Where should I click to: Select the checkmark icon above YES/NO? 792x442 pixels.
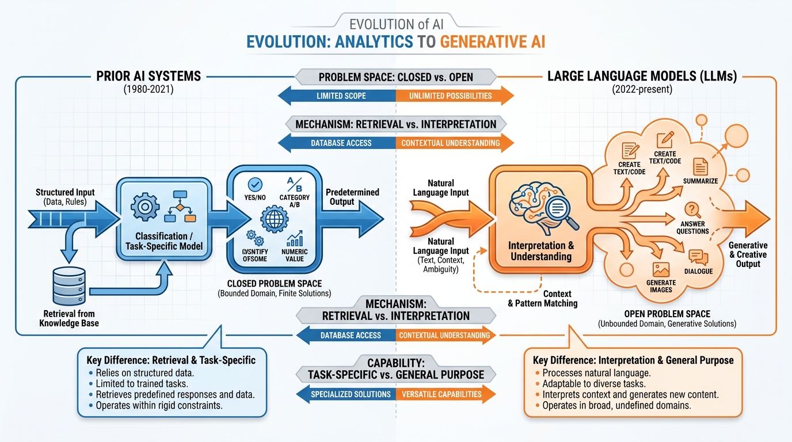[x=255, y=184]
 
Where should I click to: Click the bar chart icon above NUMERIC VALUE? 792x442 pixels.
[x=295, y=238]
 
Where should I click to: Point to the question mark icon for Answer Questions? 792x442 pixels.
[x=692, y=211]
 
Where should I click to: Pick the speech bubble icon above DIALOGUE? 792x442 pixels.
[x=698, y=257]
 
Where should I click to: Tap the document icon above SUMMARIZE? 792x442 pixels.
[x=700, y=166]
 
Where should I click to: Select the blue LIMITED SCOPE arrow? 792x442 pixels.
[x=340, y=96]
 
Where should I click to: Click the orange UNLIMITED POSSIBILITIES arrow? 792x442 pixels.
[x=452, y=96]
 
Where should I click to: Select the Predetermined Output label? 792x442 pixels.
[x=352, y=197]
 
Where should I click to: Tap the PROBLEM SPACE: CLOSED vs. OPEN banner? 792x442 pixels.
[x=395, y=77]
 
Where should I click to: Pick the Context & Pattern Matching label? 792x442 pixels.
[x=543, y=298]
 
